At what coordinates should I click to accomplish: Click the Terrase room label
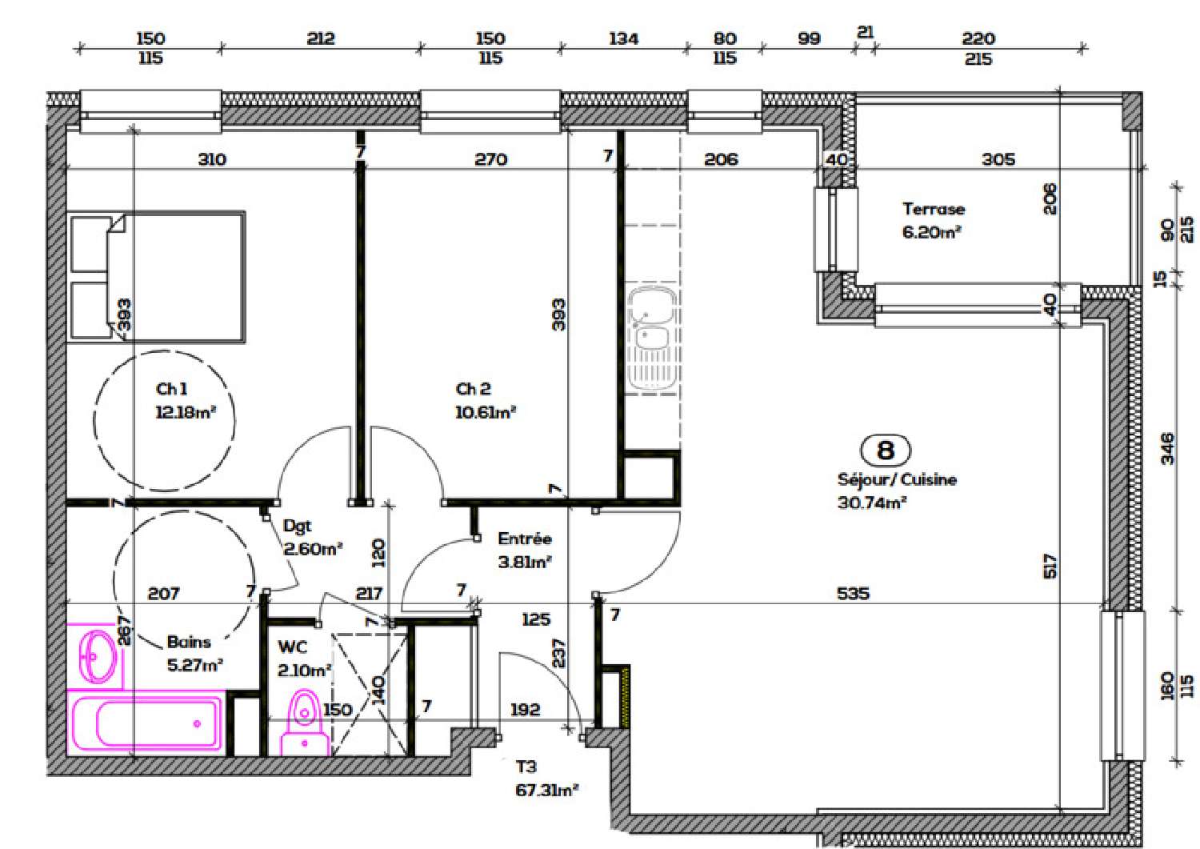[933, 209]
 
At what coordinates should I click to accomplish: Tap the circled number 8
[885, 451]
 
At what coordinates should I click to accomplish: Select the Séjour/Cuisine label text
[896, 480]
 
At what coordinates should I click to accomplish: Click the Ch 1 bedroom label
[171, 389]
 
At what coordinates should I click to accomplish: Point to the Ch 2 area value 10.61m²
[485, 413]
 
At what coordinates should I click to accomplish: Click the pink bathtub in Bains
[146, 723]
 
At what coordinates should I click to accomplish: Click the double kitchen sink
[652, 338]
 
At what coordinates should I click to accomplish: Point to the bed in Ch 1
[156, 277]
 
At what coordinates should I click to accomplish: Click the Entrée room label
[524, 539]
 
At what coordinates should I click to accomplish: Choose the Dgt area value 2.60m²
[313, 550]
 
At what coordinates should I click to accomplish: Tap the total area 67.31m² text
[546, 791]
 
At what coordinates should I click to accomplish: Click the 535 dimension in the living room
[853, 594]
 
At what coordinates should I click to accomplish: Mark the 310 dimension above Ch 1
[211, 159]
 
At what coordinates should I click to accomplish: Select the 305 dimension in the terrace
[998, 159]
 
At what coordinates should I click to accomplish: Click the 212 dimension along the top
[320, 38]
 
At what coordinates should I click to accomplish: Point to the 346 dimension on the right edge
[1167, 448]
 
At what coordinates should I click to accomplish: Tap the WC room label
[292, 647]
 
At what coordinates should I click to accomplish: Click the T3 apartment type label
[526, 767]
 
